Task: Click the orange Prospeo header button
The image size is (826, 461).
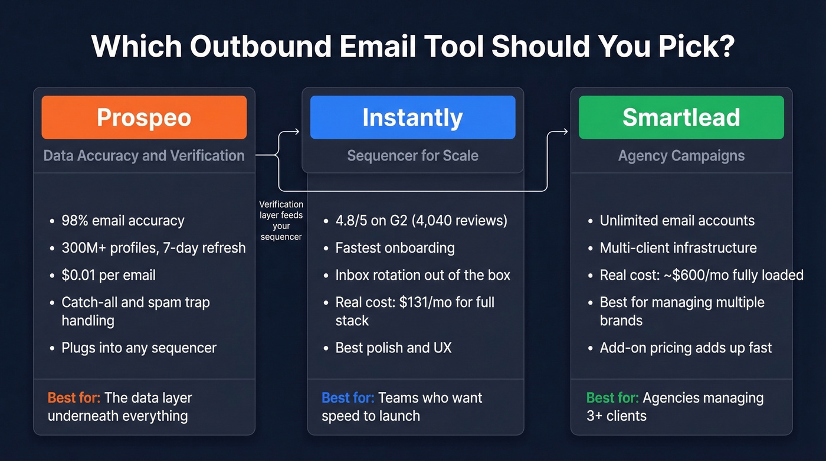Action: point(144,117)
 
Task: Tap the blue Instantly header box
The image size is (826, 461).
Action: point(412,117)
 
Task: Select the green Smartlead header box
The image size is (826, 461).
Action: point(681,117)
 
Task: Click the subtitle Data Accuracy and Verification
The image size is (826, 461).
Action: point(144,156)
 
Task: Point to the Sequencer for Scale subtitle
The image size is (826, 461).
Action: point(412,156)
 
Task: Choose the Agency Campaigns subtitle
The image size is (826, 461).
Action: point(681,156)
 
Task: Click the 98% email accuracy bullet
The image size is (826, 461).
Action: point(123,221)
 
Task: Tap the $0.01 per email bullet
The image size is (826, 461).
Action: point(109,275)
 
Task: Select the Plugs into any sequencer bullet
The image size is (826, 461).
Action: point(139,348)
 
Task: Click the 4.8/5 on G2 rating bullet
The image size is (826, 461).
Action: point(421,221)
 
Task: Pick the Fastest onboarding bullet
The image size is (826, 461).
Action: point(395,248)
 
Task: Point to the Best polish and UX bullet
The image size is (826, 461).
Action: point(393,348)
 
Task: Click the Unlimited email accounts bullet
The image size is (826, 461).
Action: point(677,221)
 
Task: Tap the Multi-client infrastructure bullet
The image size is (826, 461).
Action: point(678,248)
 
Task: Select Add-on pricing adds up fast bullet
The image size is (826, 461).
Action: point(686,348)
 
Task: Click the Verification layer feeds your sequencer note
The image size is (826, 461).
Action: point(281,220)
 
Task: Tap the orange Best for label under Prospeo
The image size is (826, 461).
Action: point(74,398)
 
